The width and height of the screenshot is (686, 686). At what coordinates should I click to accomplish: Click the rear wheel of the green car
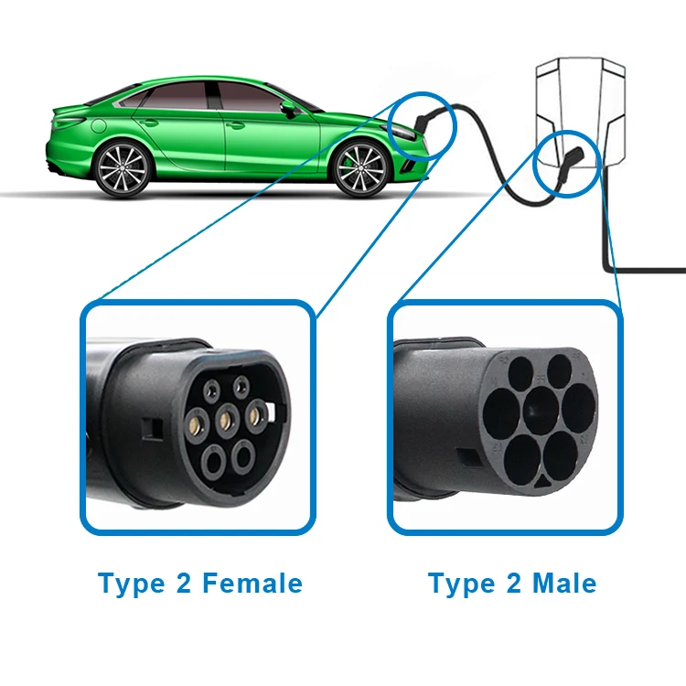123,169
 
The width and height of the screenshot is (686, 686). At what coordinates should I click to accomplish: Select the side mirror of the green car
289,107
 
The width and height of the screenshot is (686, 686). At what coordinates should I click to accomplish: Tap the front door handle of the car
235,125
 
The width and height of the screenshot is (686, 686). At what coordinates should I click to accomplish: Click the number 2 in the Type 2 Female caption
179,583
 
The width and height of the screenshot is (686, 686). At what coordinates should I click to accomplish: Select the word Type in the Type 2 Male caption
457,583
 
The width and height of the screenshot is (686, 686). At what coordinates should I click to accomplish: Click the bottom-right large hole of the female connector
243,457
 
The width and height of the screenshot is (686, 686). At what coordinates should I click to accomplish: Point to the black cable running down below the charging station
607,229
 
